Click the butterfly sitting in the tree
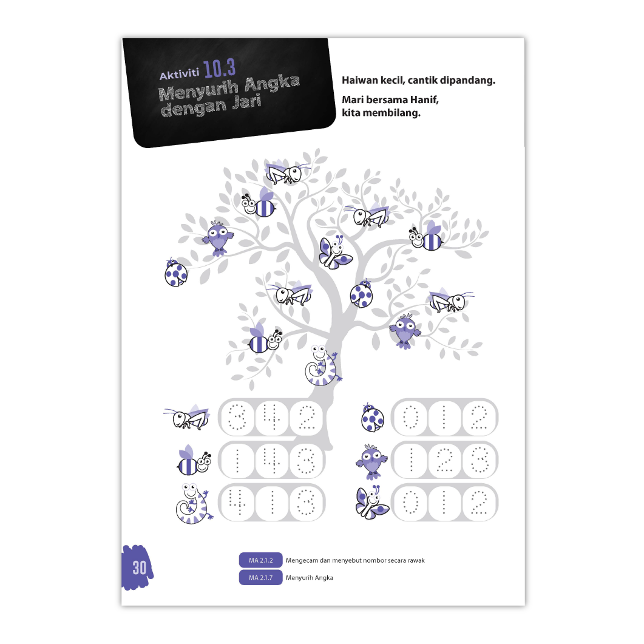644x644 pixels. tap(335, 252)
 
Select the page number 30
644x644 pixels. tap(139, 568)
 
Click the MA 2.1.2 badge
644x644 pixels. tap(260, 560)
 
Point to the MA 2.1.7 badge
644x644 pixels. tap(260, 577)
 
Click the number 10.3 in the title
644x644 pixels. tap(219, 68)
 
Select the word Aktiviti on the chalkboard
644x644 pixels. tap(179, 75)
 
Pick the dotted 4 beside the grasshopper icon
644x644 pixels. tap(271, 417)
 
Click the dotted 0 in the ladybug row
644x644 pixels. tap(410, 417)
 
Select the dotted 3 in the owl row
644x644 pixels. tap(479, 460)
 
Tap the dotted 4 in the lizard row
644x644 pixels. tap(237, 502)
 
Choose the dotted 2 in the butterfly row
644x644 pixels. tap(479, 502)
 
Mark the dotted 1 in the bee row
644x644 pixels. tap(237, 460)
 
